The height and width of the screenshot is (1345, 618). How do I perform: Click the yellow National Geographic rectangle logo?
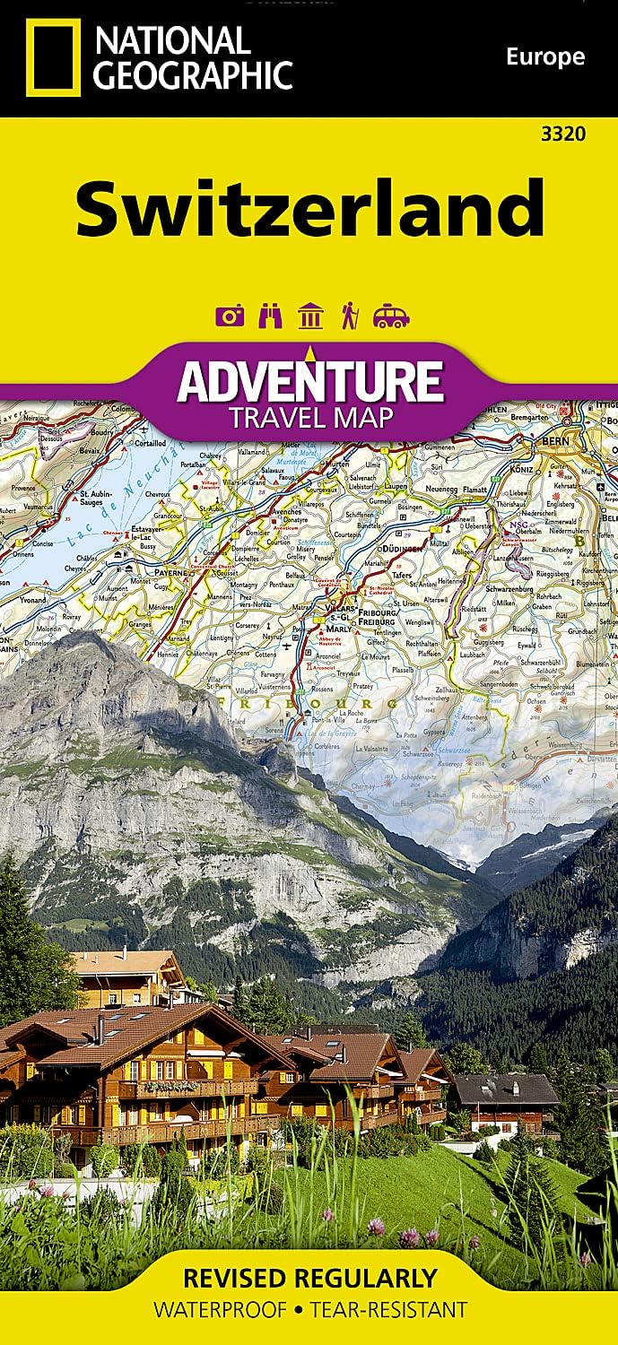pyautogui.click(x=52, y=58)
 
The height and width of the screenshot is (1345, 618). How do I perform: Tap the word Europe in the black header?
pyautogui.click(x=544, y=57)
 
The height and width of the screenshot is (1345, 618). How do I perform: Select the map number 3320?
pyautogui.click(x=563, y=134)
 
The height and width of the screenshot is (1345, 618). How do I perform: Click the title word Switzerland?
pyautogui.click(x=309, y=207)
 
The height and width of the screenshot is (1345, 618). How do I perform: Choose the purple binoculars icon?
pyautogui.click(x=269, y=316)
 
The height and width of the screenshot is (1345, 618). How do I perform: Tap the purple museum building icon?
pyautogui.click(x=310, y=316)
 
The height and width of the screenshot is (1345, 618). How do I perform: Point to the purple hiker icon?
pyautogui.click(x=350, y=316)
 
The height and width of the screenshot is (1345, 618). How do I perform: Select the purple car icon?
pyautogui.click(x=391, y=316)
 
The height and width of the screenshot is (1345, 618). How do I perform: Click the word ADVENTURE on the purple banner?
pyautogui.click(x=309, y=380)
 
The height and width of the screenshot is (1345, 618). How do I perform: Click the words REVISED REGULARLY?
pyautogui.click(x=309, y=1277)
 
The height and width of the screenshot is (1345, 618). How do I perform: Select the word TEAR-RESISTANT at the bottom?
pyautogui.click(x=388, y=1310)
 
